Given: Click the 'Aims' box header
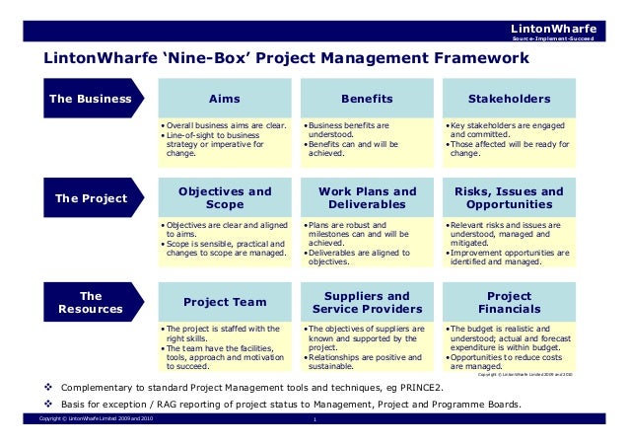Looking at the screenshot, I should [x=225, y=99].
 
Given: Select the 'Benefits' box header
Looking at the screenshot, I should [x=367, y=99].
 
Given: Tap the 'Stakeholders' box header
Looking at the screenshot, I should [x=510, y=99].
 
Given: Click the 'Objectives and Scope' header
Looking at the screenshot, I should [x=225, y=197].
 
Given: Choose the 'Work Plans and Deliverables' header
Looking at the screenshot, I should [x=367, y=197].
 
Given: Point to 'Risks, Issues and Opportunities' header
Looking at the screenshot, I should [x=510, y=197].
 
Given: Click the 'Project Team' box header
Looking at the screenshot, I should [x=225, y=302].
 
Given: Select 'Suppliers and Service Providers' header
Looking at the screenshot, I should [x=367, y=302].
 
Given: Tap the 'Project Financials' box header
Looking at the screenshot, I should [x=510, y=302].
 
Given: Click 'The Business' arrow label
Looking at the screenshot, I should [x=90, y=99].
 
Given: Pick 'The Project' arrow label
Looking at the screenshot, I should [x=90, y=198].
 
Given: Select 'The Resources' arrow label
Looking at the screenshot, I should [x=90, y=302].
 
